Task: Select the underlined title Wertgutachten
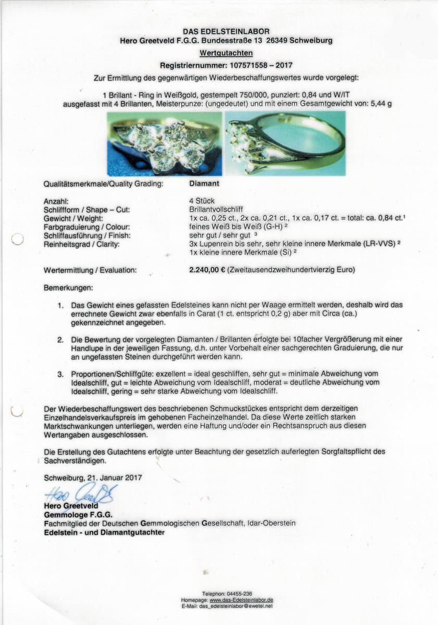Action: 226,53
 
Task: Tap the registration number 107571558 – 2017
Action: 254,66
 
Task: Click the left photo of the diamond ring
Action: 164,143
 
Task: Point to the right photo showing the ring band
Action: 285,143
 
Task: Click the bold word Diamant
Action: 204,183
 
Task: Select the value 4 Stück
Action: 202,201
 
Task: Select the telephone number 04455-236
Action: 240,594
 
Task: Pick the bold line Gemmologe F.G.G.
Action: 78,515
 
